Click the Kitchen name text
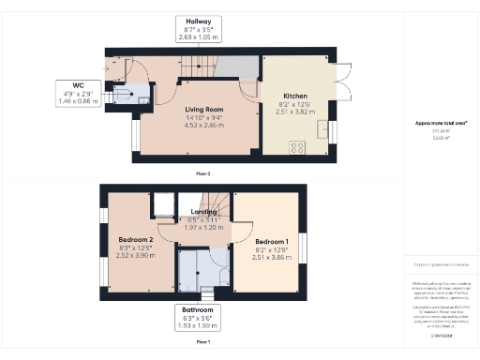pos(296,95)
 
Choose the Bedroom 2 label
pos(135,241)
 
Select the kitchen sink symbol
pos(322,127)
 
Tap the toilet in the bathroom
pos(225,275)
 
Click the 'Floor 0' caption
pos(203,174)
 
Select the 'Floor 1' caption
pos(203,342)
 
